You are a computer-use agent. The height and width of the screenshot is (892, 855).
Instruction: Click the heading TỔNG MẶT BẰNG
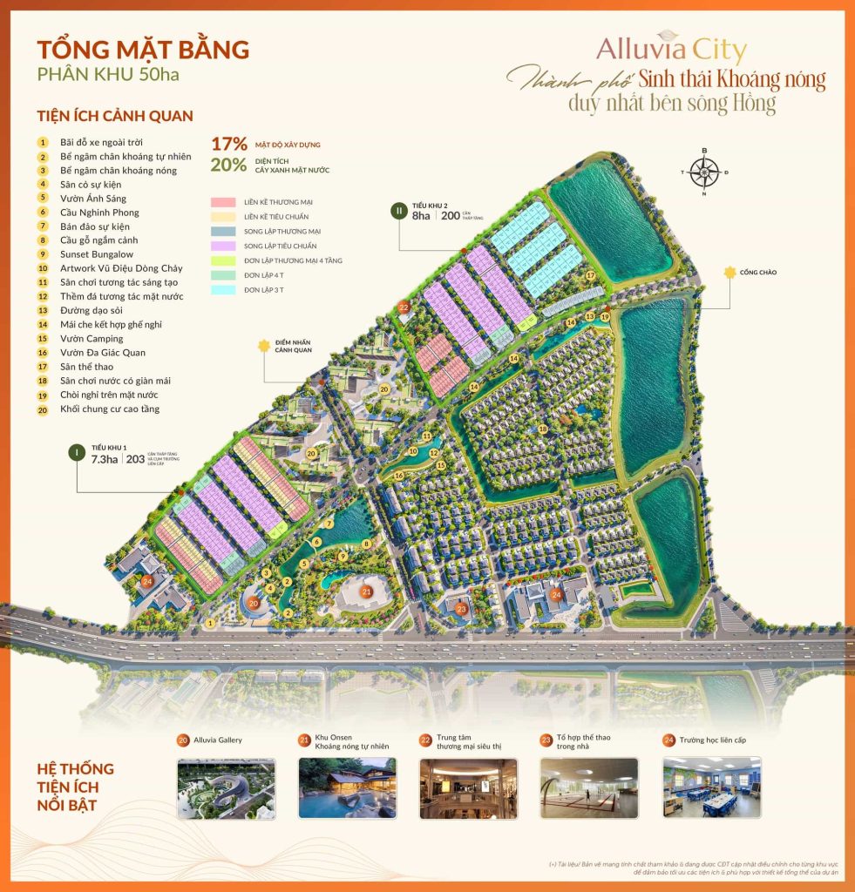point(143,49)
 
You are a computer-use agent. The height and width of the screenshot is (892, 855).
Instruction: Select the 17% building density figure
point(229,145)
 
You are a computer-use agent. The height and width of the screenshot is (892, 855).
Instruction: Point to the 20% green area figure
point(229,166)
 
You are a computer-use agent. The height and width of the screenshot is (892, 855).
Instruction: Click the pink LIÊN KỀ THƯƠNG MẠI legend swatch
point(224,202)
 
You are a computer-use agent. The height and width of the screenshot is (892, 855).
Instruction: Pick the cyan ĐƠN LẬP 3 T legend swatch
point(224,287)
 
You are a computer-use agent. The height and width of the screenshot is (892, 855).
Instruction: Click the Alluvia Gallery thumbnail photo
point(226,787)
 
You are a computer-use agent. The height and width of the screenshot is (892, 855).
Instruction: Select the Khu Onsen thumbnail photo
point(347,787)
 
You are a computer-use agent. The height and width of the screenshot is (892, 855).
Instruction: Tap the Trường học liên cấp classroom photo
point(712,787)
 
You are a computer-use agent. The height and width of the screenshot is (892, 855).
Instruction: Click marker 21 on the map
point(367,592)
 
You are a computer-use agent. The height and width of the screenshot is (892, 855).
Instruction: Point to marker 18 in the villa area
point(543,429)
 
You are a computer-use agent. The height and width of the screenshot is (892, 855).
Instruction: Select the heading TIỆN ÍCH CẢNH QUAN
point(115,116)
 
